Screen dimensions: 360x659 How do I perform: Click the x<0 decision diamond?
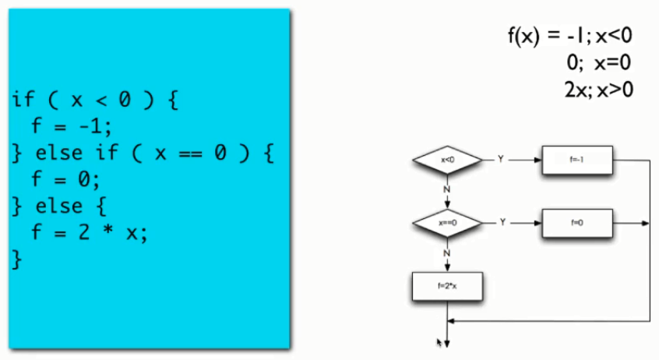[447, 160]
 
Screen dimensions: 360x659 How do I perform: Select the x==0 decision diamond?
[447, 222]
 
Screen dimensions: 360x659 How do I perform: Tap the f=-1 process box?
[577, 160]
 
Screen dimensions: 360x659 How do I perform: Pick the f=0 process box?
[577, 222]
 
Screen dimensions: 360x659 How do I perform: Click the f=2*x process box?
[448, 287]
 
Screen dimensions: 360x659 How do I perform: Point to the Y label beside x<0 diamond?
[500, 159]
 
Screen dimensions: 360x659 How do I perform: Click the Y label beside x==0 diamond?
[502, 222]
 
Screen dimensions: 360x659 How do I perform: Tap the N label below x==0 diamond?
[447, 252]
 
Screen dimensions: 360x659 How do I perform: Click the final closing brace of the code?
[17, 259]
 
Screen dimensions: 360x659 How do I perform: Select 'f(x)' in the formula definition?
[523, 37]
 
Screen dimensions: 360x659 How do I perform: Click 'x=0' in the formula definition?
[612, 63]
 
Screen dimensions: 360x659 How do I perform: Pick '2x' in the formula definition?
[576, 89]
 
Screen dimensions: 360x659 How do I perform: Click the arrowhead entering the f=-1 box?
[539, 160]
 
